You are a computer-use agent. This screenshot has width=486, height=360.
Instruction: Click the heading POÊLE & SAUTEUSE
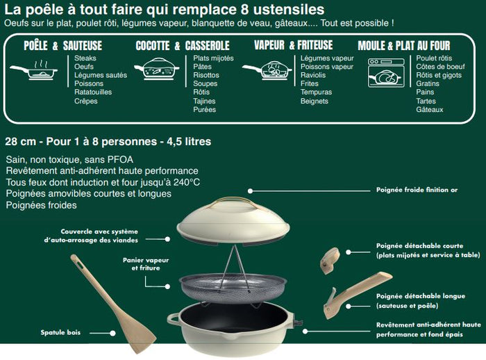pyautogui.click(x=63, y=45)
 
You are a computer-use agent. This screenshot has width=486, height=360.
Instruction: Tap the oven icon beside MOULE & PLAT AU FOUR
pyautogui.click(x=383, y=72)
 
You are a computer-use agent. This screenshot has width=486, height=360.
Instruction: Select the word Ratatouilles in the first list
pyautogui.click(x=93, y=92)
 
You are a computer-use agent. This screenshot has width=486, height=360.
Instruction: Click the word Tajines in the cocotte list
pyautogui.click(x=205, y=101)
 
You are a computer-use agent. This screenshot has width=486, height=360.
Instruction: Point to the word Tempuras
pyautogui.click(x=317, y=92)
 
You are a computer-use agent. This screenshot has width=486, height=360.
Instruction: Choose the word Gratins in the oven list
pyautogui.click(x=428, y=83)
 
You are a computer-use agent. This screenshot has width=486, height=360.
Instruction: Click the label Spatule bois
pyautogui.click(x=60, y=332)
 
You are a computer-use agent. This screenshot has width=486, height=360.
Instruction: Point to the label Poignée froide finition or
pyautogui.click(x=417, y=189)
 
